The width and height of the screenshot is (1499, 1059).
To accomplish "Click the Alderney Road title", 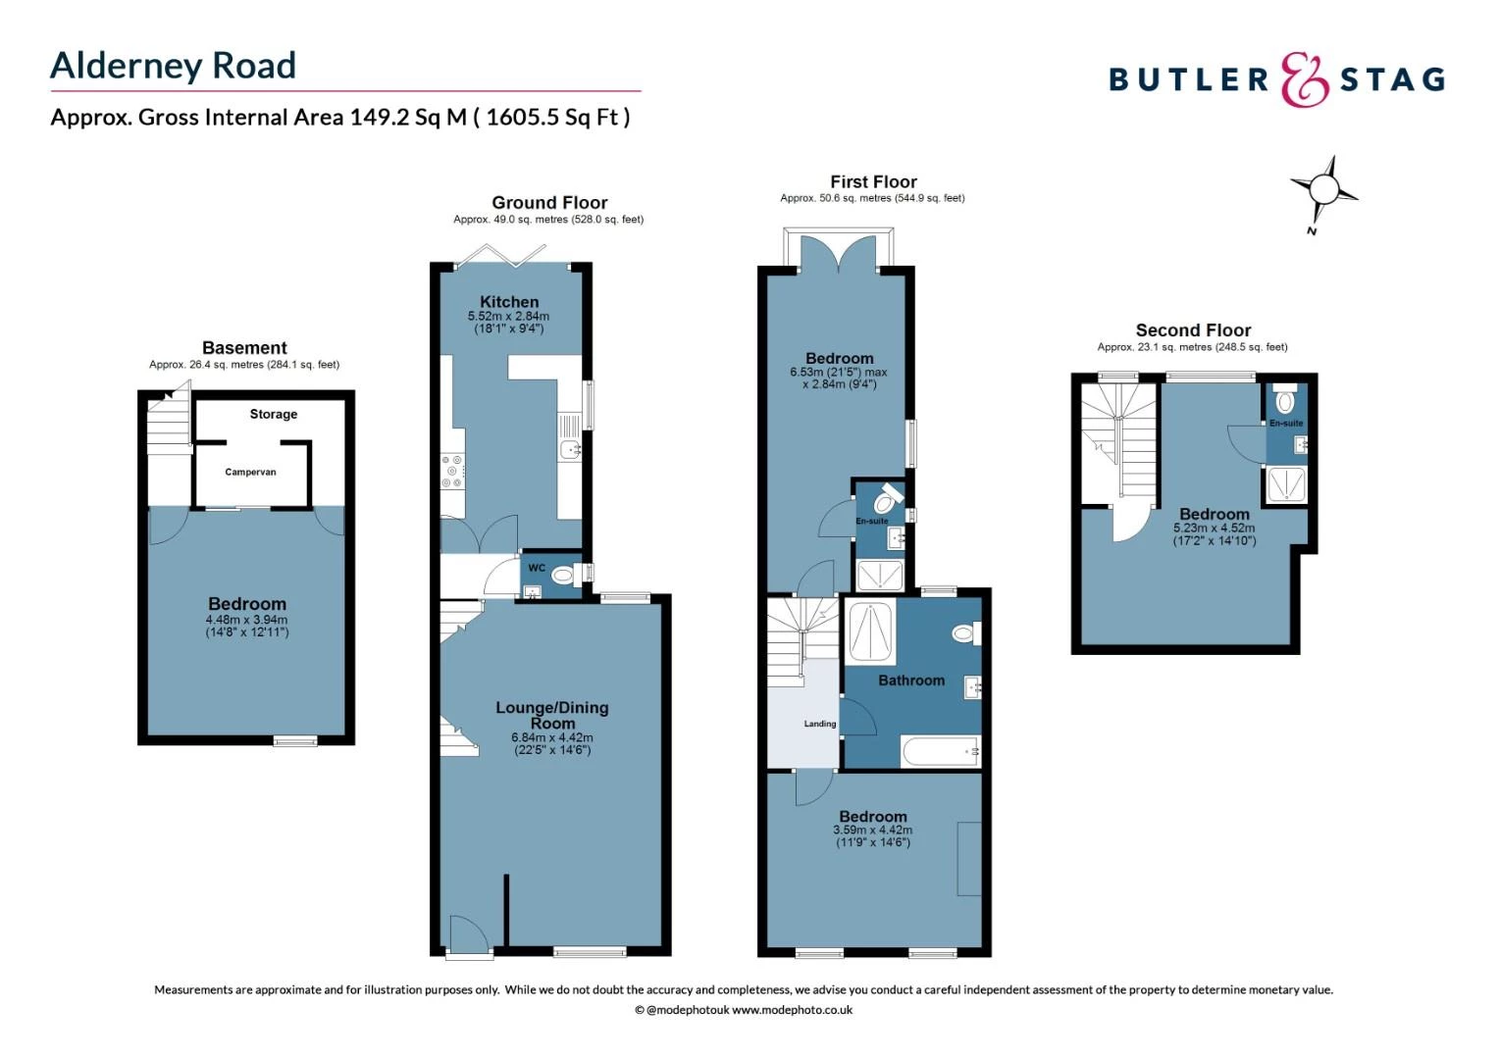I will pyautogui.click(x=173, y=66).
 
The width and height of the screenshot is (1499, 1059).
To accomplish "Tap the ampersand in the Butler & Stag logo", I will pyautogui.click(x=1305, y=79).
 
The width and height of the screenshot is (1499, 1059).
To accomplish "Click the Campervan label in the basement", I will pyautogui.click(x=250, y=473).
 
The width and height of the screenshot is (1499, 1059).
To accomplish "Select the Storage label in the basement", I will pyautogui.click(x=273, y=415).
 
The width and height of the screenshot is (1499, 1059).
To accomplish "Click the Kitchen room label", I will pyautogui.click(x=509, y=302).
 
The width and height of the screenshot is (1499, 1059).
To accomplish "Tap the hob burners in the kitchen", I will pyautogui.click(x=452, y=471).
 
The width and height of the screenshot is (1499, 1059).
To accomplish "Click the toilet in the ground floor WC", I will pyautogui.click(x=563, y=575).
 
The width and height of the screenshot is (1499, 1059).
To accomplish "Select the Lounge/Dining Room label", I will pyautogui.click(x=552, y=715).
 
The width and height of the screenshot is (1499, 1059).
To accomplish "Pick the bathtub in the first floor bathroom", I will pyautogui.click(x=940, y=752).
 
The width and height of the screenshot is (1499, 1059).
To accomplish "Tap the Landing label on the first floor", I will pyautogui.click(x=820, y=724).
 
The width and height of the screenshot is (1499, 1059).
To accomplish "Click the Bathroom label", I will pyautogui.click(x=911, y=681).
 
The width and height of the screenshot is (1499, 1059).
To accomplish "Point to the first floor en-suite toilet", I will pyautogui.click(x=889, y=499).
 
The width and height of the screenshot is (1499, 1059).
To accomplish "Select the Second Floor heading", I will pyautogui.click(x=1193, y=330).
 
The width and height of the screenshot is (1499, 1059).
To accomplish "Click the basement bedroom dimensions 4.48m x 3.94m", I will pyautogui.click(x=246, y=620).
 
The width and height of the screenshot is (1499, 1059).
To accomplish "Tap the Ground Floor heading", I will pyautogui.click(x=549, y=203).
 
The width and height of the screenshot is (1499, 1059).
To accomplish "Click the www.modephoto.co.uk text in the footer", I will pyautogui.click(x=792, y=1010).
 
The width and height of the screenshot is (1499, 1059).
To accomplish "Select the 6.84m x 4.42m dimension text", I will pyautogui.click(x=552, y=737).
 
